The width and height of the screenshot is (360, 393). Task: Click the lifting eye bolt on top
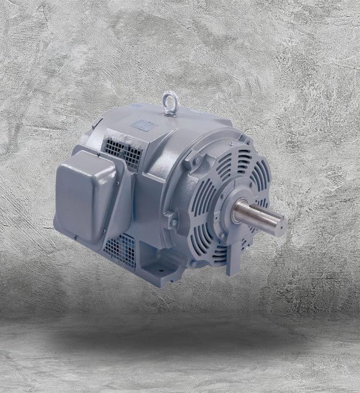(x=169, y=102)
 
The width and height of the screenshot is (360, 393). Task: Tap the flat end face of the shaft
(x=281, y=225)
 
